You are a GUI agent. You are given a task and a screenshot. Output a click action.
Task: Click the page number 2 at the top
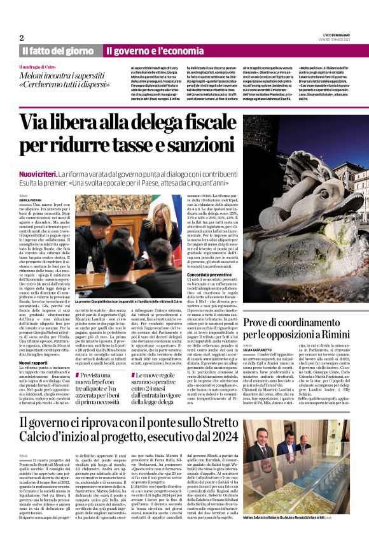[x=22, y=37]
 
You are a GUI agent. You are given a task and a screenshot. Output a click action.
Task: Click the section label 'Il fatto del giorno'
[x=57, y=50]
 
